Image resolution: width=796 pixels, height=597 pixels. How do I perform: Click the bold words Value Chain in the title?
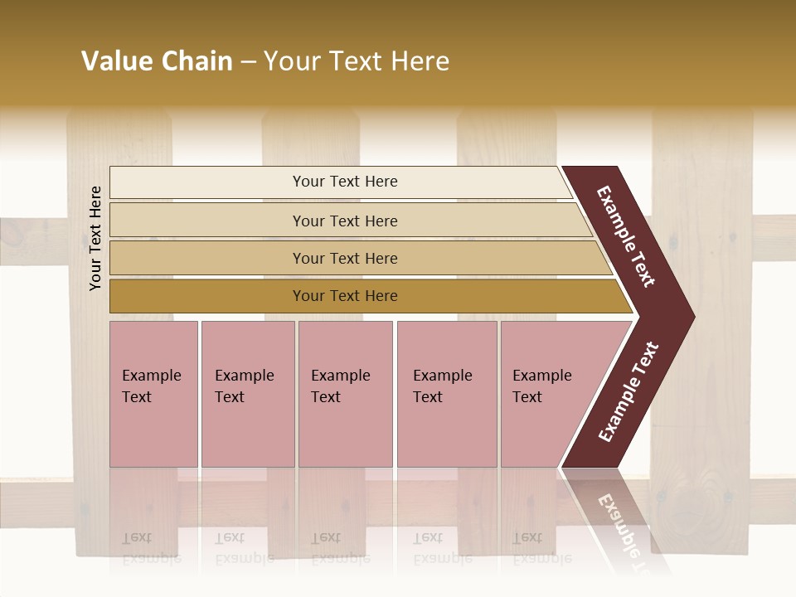[x=157, y=61]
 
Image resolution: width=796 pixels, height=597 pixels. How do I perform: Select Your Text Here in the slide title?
[x=357, y=61]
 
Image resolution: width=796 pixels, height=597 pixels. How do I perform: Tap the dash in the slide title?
[x=248, y=62]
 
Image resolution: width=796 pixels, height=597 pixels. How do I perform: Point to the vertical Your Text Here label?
[x=95, y=238]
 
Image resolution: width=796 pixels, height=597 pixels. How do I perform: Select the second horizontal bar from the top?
[x=344, y=221]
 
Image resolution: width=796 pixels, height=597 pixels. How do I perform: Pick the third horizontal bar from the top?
[x=344, y=258]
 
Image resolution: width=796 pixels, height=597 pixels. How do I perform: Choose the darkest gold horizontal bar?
[x=344, y=296]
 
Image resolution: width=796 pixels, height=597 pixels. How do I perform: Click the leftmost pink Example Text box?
[x=153, y=394]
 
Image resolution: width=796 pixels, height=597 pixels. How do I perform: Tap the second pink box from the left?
[x=248, y=394]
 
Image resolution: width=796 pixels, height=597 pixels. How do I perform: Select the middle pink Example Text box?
[x=345, y=394]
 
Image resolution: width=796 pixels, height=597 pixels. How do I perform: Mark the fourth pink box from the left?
[x=447, y=394]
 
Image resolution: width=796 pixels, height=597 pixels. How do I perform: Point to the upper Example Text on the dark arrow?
[x=626, y=236]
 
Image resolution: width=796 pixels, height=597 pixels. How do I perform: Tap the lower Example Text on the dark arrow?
[x=629, y=392]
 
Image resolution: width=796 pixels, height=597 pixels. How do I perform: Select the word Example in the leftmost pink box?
[x=151, y=376]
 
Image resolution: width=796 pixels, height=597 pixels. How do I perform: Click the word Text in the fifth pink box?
[x=527, y=397]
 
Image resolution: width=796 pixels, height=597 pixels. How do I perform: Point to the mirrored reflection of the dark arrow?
[x=618, y=514]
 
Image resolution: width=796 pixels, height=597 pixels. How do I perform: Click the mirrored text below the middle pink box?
[x=340, y=548]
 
